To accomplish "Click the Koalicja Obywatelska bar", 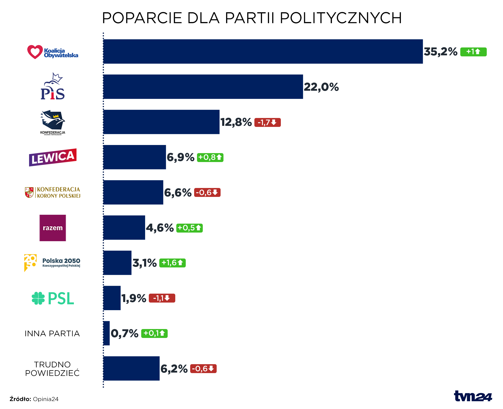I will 263,51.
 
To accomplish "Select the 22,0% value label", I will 321,87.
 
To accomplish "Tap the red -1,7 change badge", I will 267,122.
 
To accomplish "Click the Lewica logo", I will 53,157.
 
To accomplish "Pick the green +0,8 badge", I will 210,158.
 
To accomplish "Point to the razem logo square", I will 53,228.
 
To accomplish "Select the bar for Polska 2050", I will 117,263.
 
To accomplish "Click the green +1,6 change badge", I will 172,263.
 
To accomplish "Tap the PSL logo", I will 53,298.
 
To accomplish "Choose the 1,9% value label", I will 134,298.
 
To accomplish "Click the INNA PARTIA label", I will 52,333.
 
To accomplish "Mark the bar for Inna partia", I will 106,333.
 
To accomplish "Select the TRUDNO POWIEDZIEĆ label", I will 52,369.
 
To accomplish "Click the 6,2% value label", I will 174,369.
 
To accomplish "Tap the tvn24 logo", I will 473,396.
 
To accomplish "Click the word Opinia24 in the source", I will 46,399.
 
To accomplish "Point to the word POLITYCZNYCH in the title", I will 341,18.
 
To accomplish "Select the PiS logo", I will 53,87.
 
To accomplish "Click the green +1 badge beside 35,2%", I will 473,52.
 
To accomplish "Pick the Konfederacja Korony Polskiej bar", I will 133,192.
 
